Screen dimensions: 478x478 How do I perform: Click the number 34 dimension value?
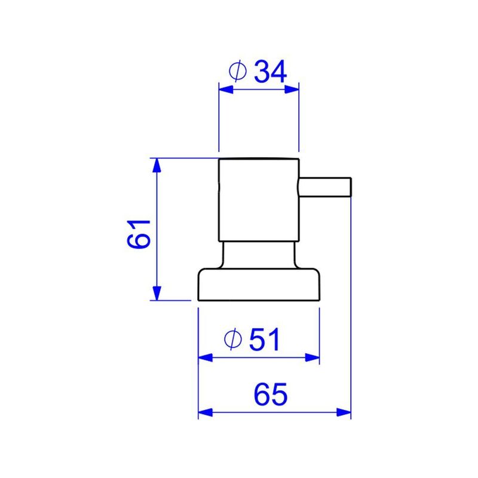pyautogui.click(x=271, y=71)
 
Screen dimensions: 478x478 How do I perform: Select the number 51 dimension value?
pyautogui.click(x=265, y=340)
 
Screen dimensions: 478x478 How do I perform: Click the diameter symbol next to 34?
pyautogui.click(x=238, y=72)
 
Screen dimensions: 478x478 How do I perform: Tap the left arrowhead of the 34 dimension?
pyautogui.click(x=225, y=89)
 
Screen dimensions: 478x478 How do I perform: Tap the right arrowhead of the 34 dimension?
pyautogui.click(x=292, y=89)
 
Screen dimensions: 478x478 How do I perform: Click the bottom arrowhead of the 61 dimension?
pyautogui.click(x=157, y=293)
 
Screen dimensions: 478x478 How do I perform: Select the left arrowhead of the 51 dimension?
pyautogui.click(x=204, y=358)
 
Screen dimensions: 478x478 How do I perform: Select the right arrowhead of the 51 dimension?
pyautogui.click(x=313, y=358)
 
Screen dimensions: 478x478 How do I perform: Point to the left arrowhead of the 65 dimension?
pyautogui.click(x=204, y=412)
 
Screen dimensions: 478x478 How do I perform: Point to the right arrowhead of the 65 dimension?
pyautogui.click(x=344, y=412)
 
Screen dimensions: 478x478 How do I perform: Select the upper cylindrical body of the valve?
pyautogui.click(x=258, y=200)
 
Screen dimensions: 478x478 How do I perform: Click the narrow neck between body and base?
pyautogui.click(x=258, y=255)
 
